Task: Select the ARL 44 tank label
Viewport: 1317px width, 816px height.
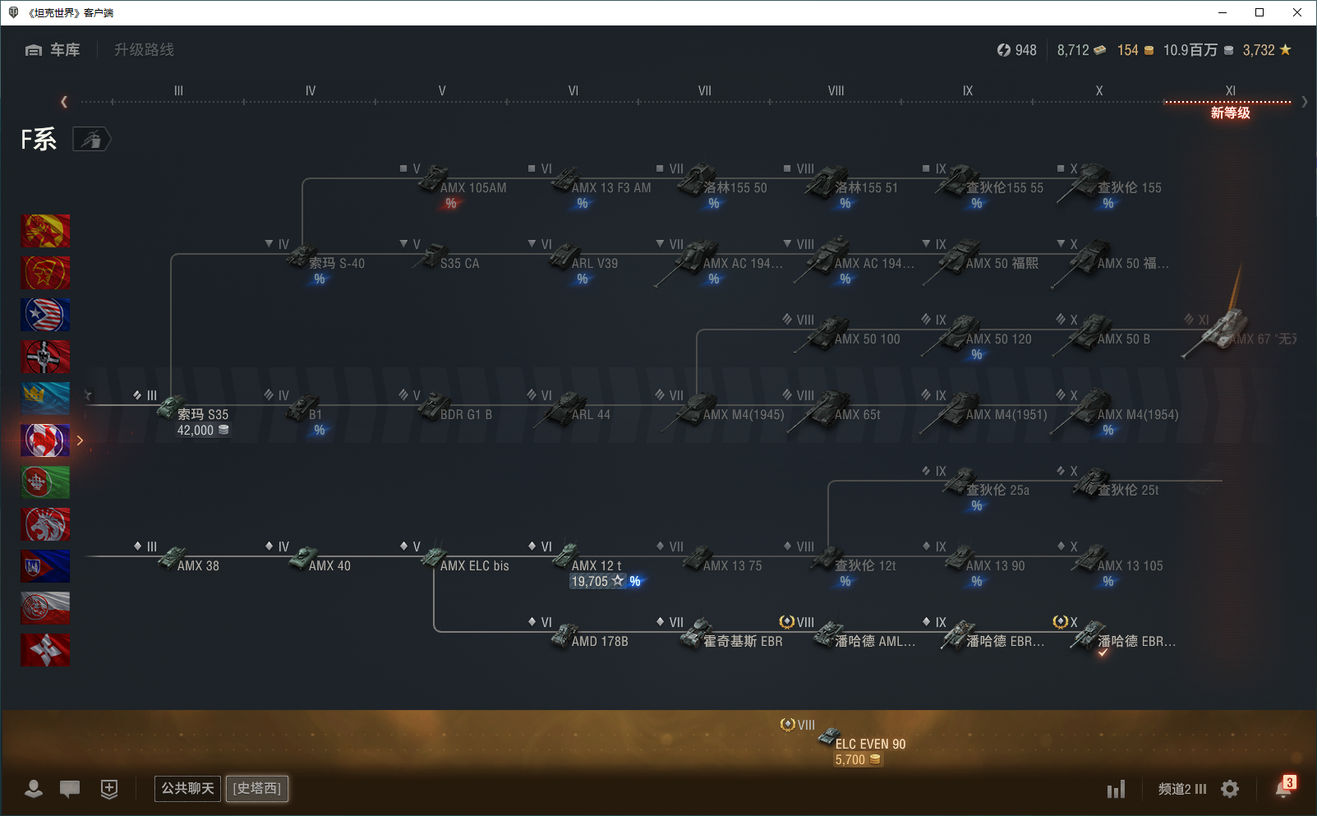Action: tap(591, 414)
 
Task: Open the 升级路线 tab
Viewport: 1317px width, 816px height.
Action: tap(144, 50)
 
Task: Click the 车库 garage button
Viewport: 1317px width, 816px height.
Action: tap(53, 50)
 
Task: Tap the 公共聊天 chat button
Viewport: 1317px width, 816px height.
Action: tap(187, 789)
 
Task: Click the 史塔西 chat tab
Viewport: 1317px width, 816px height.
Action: tap(256, 789)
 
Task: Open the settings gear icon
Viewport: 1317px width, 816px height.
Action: tap(1230, 789)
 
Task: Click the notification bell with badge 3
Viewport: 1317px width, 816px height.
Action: tap(1283, 788)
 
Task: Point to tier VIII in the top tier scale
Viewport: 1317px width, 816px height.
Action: tap(836, 91)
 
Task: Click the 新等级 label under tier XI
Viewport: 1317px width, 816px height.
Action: tap(1230, 113)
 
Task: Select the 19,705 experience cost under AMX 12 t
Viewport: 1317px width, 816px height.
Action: tap(590, 582)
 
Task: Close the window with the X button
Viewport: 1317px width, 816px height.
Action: tap(1297, 12)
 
